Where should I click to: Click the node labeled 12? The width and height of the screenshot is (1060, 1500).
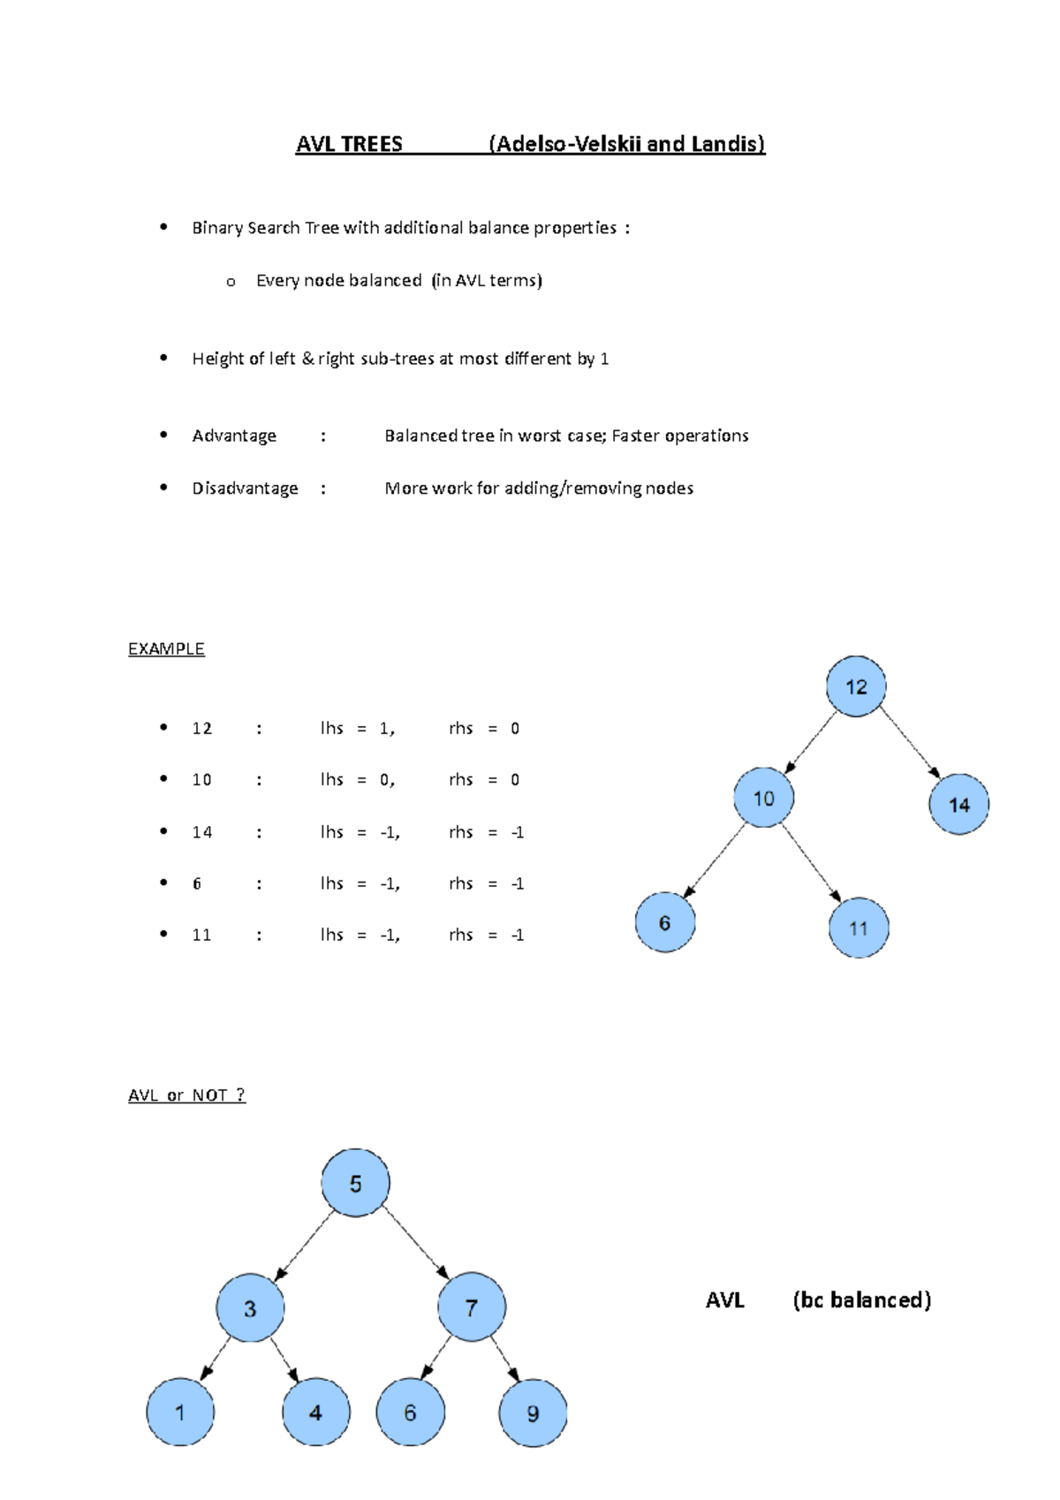[x=856, y=686]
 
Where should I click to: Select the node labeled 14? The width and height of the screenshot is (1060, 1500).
[x=958, y=804]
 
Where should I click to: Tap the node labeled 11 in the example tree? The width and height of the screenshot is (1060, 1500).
[x=859, y=928]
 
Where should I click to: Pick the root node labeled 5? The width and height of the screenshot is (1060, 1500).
[x=355, y=1183]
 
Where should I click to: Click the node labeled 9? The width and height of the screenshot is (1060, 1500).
[x=533, y=1413]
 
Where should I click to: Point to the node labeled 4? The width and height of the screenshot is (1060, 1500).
[x=315, y=1412]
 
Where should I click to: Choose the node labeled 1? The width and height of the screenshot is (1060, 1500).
[x=180, y=1412]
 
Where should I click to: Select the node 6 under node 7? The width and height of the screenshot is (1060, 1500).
[x=410, y=1412]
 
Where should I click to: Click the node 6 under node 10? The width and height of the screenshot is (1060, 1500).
[x=665, y=922]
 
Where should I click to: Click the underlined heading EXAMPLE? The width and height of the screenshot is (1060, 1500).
[x=166, y=648]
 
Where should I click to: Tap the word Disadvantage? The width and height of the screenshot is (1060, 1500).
[x=245, y=488]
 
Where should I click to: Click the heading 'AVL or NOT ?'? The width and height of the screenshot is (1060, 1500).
[x=186, y=1095]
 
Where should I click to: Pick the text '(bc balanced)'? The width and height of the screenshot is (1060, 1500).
[x=861, y=1299]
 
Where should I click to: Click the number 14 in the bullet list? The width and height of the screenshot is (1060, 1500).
[x=201, y=832]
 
